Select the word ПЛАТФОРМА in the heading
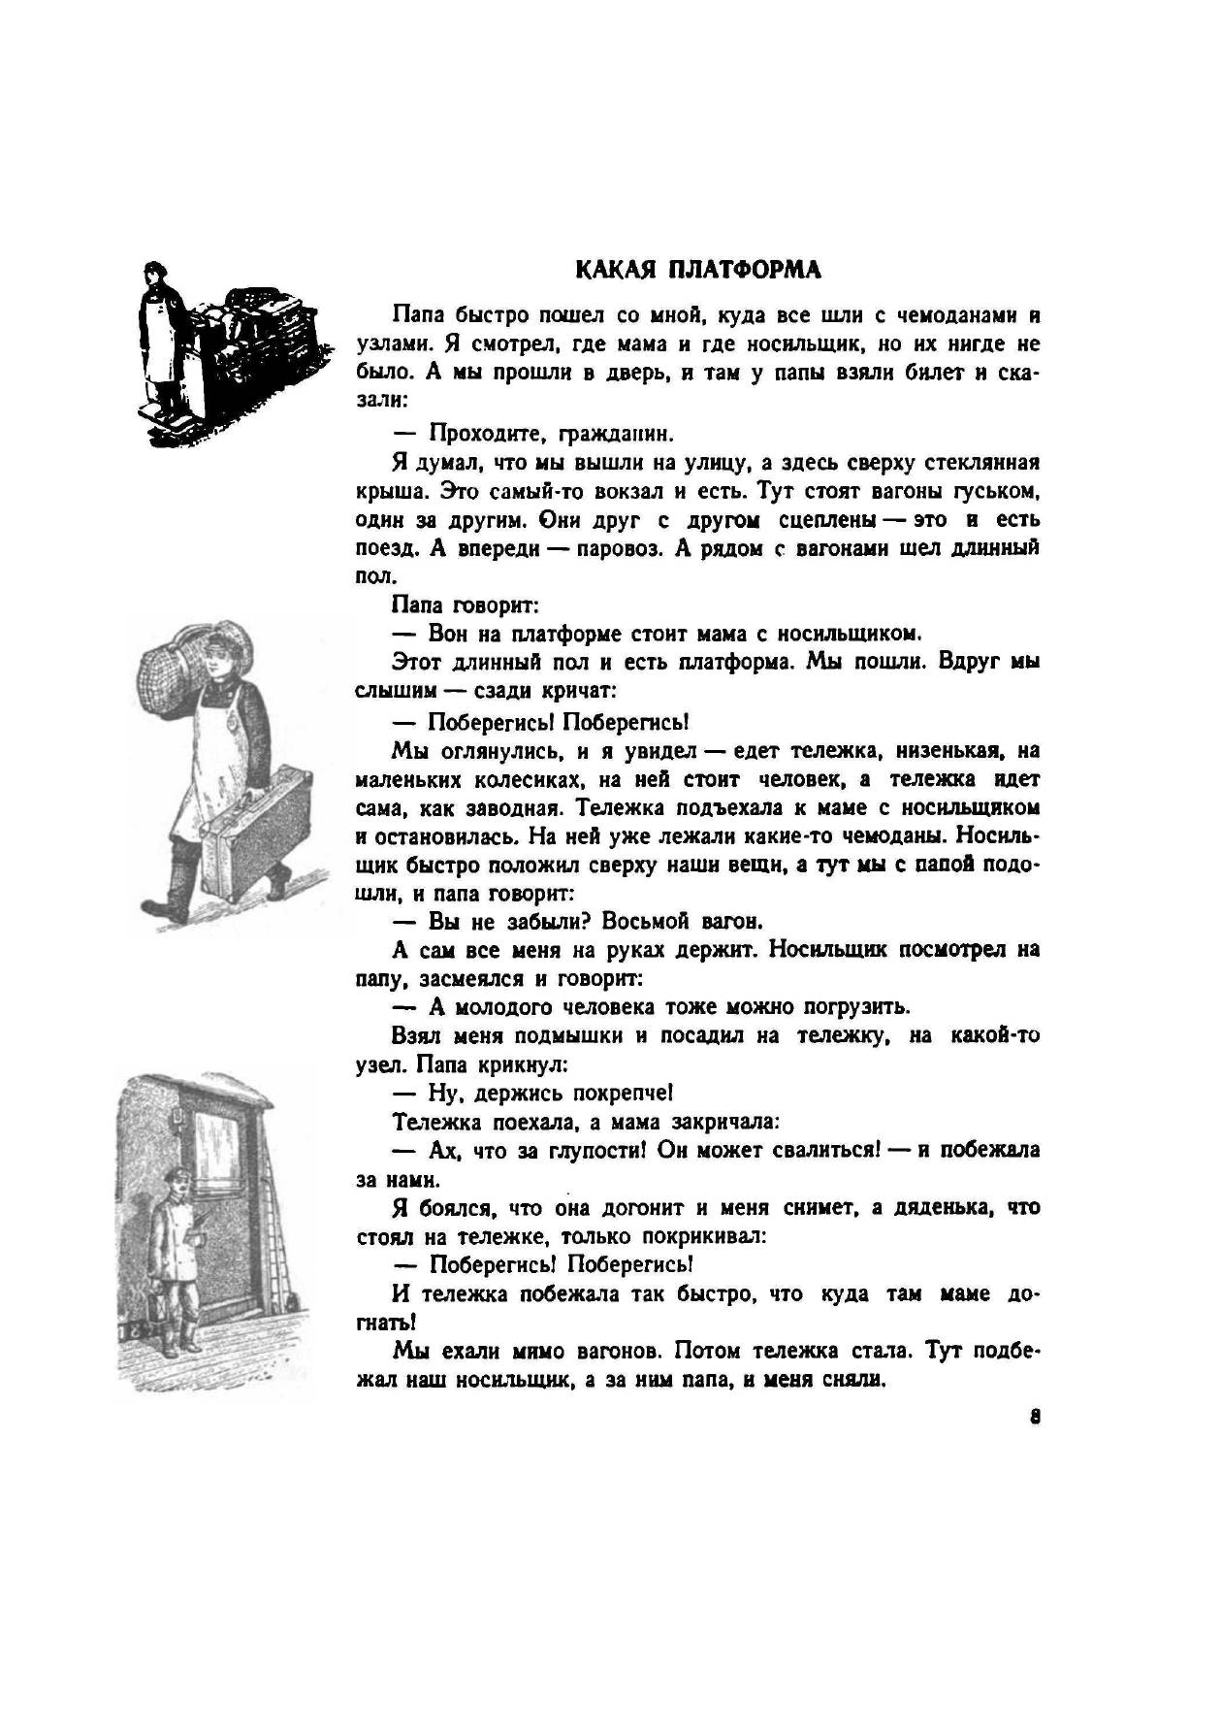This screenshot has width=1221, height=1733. (x=743, y=270)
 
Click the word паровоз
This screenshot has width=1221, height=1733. (x=617, y=547)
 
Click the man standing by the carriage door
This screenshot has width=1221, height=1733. (x=176, y=1261)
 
